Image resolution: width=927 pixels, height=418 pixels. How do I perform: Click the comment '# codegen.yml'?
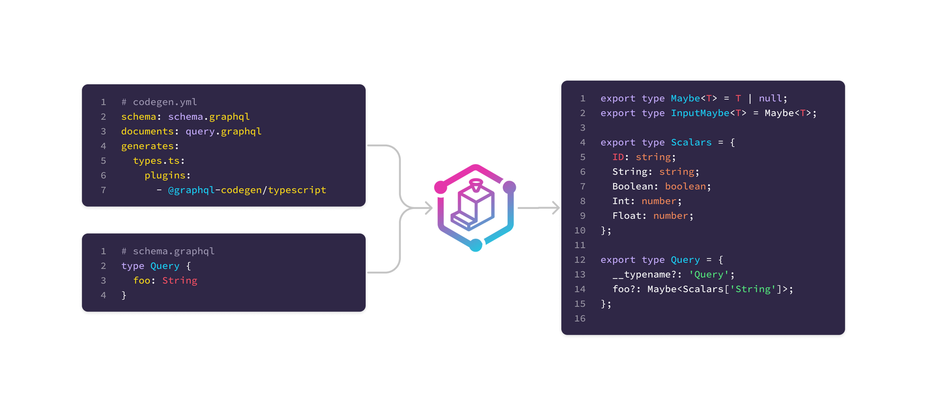tap(159, 102)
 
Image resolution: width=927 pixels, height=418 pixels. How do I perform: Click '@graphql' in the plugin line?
tap(191, 190)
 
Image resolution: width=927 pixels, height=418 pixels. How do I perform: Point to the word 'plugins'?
tap(165, 175)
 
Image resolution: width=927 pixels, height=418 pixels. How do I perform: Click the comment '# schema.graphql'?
tap(168, 251)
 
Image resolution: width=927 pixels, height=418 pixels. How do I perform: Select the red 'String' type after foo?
tap(180, 280)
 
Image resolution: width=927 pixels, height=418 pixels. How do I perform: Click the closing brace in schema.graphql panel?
tap(124, 295)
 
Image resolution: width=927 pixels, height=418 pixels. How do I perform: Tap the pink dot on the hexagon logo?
tap(441, 187)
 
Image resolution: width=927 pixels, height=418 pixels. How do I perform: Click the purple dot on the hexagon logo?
tap(509, 187)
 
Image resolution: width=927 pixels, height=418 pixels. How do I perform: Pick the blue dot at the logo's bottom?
tap(476, 245)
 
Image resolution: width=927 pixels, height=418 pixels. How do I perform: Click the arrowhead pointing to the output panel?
tap(555, 208)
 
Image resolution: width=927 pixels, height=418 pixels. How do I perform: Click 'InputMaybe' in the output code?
tap(700, 113)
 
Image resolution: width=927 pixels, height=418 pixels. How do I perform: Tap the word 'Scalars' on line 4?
tap(691, 142)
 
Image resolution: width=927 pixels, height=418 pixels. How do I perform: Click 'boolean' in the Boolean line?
tap(686, 186)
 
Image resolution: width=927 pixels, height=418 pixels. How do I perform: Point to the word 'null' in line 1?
tap(770, 98)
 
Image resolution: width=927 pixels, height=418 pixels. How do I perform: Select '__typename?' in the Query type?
tap(644, 274)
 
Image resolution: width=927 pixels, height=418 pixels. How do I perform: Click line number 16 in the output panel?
tap(580, 318)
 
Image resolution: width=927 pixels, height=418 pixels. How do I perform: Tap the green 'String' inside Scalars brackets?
tap(753, 289)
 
